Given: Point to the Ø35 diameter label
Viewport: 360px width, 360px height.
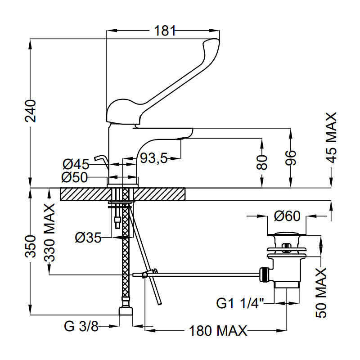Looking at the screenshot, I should [88, 237].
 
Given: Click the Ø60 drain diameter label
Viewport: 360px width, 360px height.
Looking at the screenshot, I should [287, 216].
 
